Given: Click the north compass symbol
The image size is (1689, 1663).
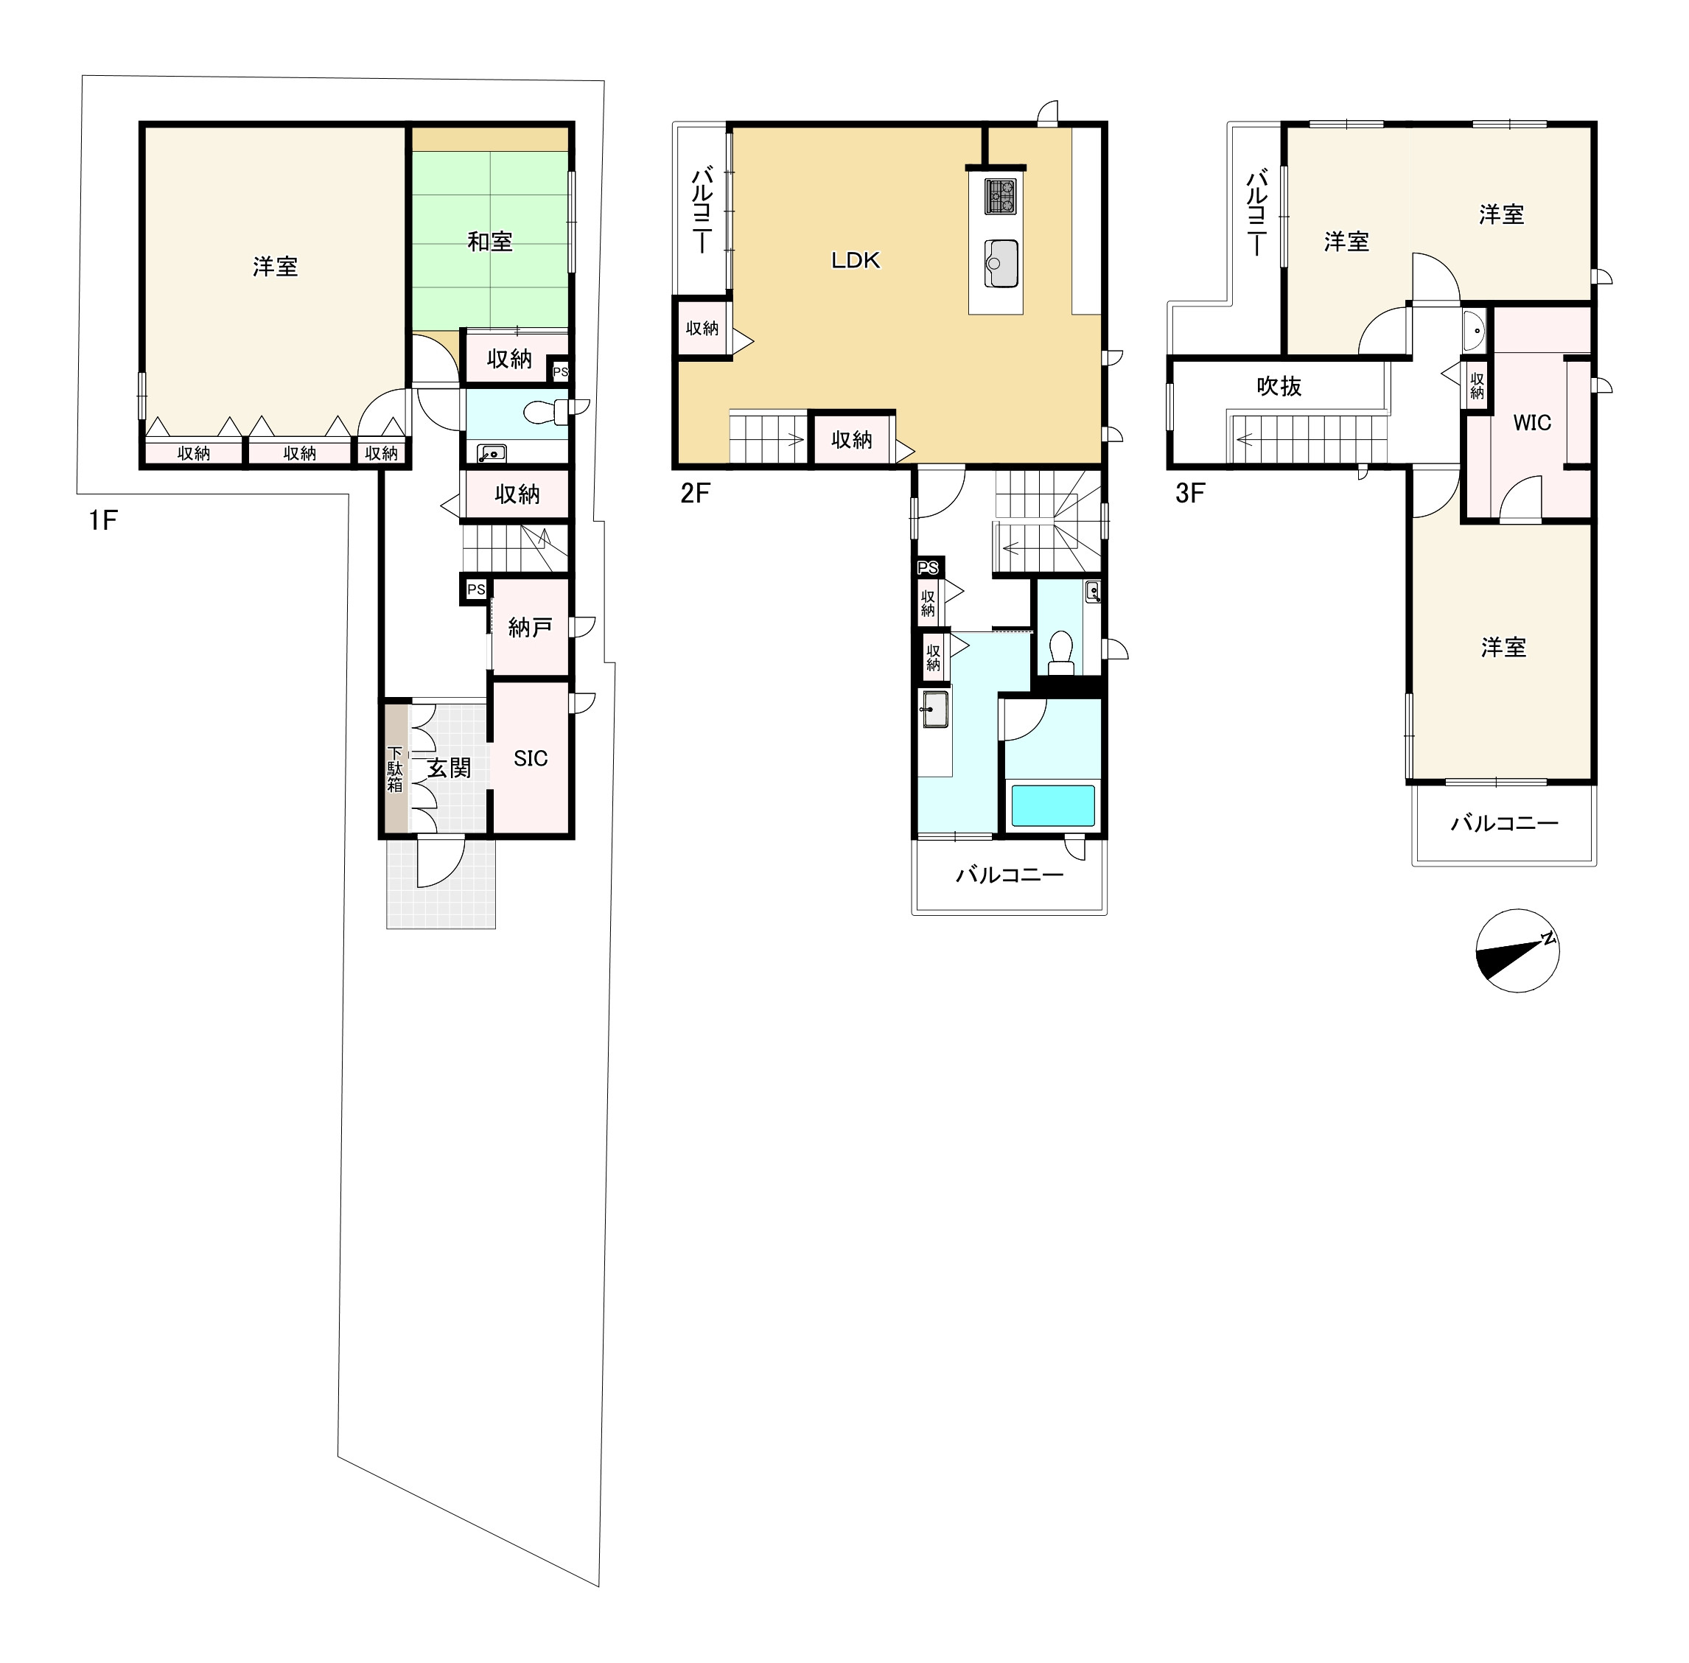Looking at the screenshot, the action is coord(1517,950).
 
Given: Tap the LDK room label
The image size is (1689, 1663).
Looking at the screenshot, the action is coord(855,259).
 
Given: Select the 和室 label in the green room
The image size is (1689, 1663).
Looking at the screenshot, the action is coord(489,241).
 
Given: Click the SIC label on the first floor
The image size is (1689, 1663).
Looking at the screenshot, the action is coord(530,758).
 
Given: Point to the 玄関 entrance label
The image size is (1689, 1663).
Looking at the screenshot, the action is coord(449,768).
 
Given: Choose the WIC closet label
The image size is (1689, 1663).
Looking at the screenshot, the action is coord(1532,423).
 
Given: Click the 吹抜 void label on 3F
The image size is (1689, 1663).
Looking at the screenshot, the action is coord(1279,385).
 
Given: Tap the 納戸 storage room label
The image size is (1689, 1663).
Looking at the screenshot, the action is coord(529,626).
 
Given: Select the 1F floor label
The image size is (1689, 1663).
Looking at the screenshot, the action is coord(102,520).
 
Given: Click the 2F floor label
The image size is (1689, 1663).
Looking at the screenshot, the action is coord(695,494).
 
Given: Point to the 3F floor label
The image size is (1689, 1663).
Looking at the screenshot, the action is coord(1189,494).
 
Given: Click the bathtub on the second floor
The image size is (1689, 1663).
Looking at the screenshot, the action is coord(1052,805).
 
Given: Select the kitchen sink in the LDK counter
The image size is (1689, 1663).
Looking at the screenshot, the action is coord(1001,263).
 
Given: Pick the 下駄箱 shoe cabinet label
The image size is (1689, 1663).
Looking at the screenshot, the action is coord(395,769).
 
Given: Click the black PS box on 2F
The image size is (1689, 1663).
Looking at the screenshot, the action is coord(928,568).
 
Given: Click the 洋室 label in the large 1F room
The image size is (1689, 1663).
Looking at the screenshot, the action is coord(275,267).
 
